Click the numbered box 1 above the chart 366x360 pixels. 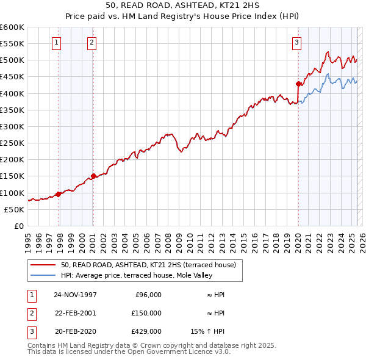coord(56,42)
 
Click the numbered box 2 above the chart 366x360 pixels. coord(91,42)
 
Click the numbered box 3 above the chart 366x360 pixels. coord(296,42)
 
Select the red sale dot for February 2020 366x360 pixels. coord(298,84)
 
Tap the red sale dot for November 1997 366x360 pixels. coord(59,194)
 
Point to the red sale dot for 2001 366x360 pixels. coord(93,176)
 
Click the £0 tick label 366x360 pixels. coord(18,226)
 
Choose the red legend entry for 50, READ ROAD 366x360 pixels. coord(152,265)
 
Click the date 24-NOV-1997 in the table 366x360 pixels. coord(76,295)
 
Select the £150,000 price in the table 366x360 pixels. coord(147,313)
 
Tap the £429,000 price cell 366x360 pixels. coord(147,331)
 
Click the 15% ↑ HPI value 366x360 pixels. coord(207,331)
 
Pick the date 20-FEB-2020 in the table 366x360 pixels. coord(75,331)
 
